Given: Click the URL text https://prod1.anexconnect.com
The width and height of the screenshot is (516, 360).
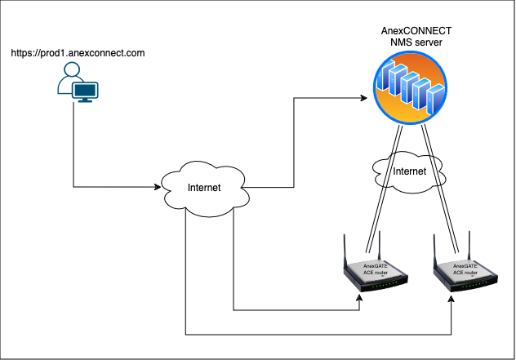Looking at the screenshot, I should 78,53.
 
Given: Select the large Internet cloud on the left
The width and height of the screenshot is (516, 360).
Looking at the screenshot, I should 203,189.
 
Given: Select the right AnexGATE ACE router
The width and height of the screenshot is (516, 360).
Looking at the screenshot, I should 463,273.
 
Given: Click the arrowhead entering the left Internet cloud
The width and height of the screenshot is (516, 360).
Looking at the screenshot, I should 158,188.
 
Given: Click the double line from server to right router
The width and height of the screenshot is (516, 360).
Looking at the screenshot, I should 441,188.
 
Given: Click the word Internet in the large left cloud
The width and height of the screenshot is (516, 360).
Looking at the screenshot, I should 203,188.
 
